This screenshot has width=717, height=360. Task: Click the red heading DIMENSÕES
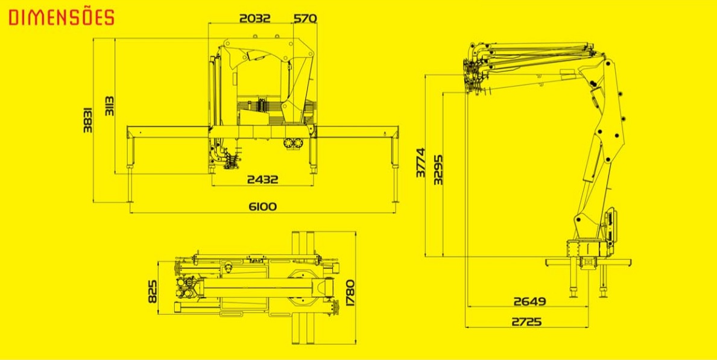click(62, 17)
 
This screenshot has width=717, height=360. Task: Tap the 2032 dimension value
click(254, 18)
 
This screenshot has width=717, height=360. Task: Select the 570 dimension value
click(305, 18)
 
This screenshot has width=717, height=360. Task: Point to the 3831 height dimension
click(88, 120)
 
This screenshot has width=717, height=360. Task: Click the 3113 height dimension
click(110, 106)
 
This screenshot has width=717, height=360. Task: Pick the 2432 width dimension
click(262, 179)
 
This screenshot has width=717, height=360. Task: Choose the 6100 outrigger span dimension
click(262, 206)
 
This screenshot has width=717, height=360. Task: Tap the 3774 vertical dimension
click(421, 162)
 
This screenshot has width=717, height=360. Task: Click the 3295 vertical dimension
click(438, 169)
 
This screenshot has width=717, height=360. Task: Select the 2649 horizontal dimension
click(529, 302)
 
